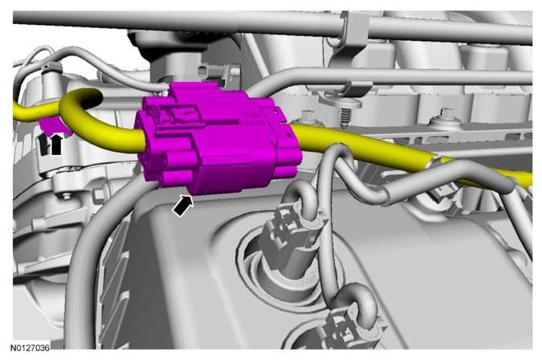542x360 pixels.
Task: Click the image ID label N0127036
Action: (x=30, y=347)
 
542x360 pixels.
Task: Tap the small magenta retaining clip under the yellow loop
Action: (x=55, y=125)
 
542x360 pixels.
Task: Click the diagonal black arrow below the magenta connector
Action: (x=183, y=206)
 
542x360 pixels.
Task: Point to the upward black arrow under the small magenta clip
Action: (x=56, y=144)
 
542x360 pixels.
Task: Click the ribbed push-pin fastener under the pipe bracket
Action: (x=344, y=112)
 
